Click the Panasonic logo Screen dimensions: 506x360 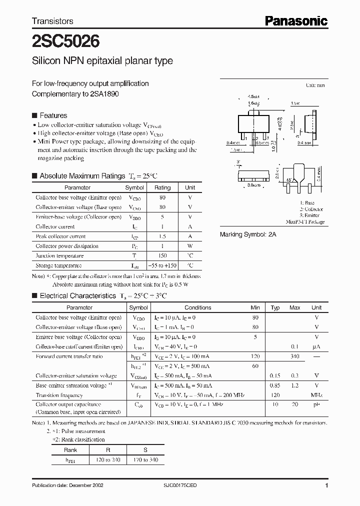click(296, 21)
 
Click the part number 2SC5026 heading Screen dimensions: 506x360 click(65, 40)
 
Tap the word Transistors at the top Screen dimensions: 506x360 click(52, 21)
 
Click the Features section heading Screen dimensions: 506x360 click(53, 115)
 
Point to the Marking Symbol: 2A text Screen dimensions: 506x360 click(248, 234)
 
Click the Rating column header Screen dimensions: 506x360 click(162, 187)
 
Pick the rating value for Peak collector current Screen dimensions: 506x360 click(162, 236)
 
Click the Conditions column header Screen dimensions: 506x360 click(198, 307)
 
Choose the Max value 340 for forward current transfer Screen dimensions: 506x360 click(294, 356)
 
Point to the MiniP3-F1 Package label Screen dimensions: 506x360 click(305, 221)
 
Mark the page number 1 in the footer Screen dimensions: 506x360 click(326, 485)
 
